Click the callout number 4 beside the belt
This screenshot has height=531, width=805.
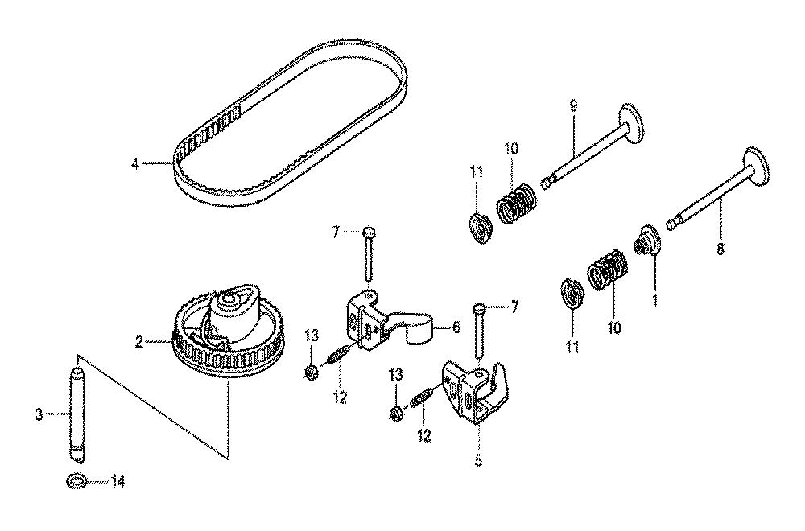pyautogui.click(x=134, y=165)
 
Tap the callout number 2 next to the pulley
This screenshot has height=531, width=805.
pyautogui.click(x=139, y=342)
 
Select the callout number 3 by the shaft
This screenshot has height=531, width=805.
pyautogui.click(x=39, y=414)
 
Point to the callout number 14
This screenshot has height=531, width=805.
pyautogui.click(x=118, y=482)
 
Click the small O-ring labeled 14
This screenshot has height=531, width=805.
pyautogui.click(x=76, y=481)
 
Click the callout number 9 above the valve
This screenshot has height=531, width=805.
pyautogui.click(x=573, y=106)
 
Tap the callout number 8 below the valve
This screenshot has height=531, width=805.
pyautogui.click(x=720, y=249)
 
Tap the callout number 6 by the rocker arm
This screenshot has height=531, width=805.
pyautogui.click(x=456, y=327)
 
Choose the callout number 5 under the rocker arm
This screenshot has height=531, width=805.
pyautogui.click(x=478, y=460)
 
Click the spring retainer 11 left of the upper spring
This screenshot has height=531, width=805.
pyautogui.click(x=481, y=228)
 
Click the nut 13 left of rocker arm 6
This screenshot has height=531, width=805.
pyautogui.click(x=311, y=372)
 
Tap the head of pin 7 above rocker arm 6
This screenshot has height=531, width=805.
pyautogui.click(x=369, y=232)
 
